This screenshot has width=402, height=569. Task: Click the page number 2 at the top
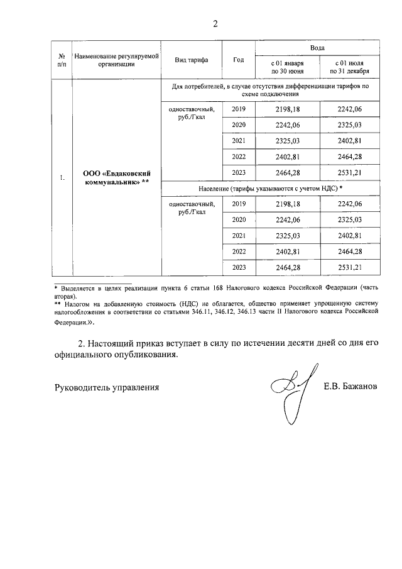point(215,25)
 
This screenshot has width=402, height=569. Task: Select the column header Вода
point(317,48)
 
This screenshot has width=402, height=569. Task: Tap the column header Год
point(238,60)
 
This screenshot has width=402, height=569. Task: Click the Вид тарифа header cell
point(192,60)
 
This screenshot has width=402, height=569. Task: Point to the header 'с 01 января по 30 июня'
point(287,67)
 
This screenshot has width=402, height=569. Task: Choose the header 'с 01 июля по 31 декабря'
point(350,67)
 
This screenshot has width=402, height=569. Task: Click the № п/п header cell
point(61,60)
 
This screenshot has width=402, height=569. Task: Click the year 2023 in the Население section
point(239,268)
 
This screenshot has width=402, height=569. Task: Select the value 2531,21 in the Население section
point(350,268)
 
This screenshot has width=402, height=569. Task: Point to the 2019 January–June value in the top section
point(288,109)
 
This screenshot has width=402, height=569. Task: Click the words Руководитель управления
point(106,387)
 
